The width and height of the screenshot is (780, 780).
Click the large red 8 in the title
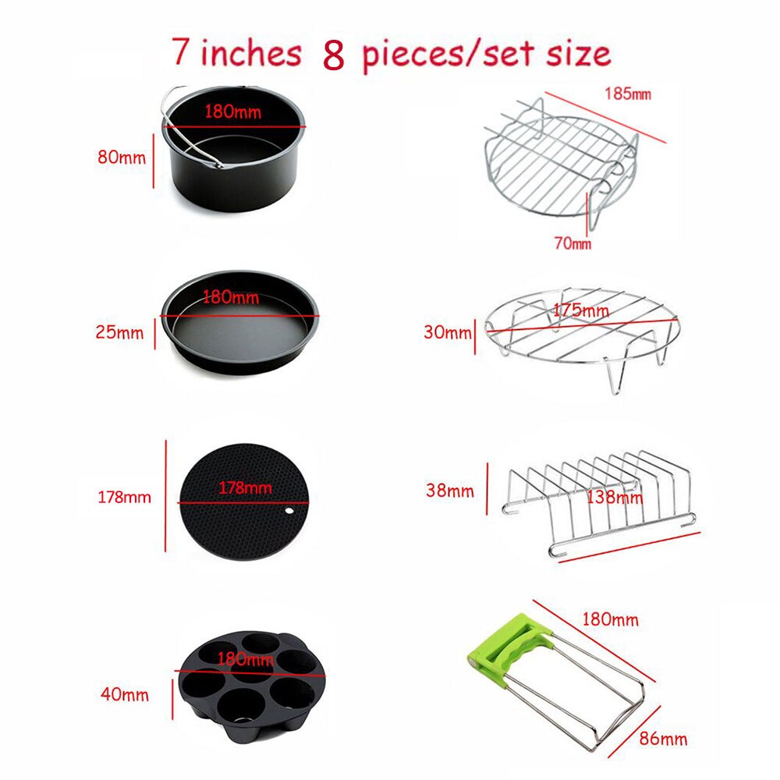click(x=333, y=56)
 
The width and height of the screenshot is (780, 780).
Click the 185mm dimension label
click(x=627, y=94)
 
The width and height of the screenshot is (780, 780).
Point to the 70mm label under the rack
click(x=572, y=243)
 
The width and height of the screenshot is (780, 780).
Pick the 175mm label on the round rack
click(x=580, y=310)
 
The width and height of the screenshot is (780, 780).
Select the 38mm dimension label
click(x=450, y=491)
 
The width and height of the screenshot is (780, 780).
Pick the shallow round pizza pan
click(x=238, y=320)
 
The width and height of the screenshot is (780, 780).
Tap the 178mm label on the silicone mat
click(x=245, y=488)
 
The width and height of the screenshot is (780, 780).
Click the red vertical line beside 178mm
click(x=166, y=495)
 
